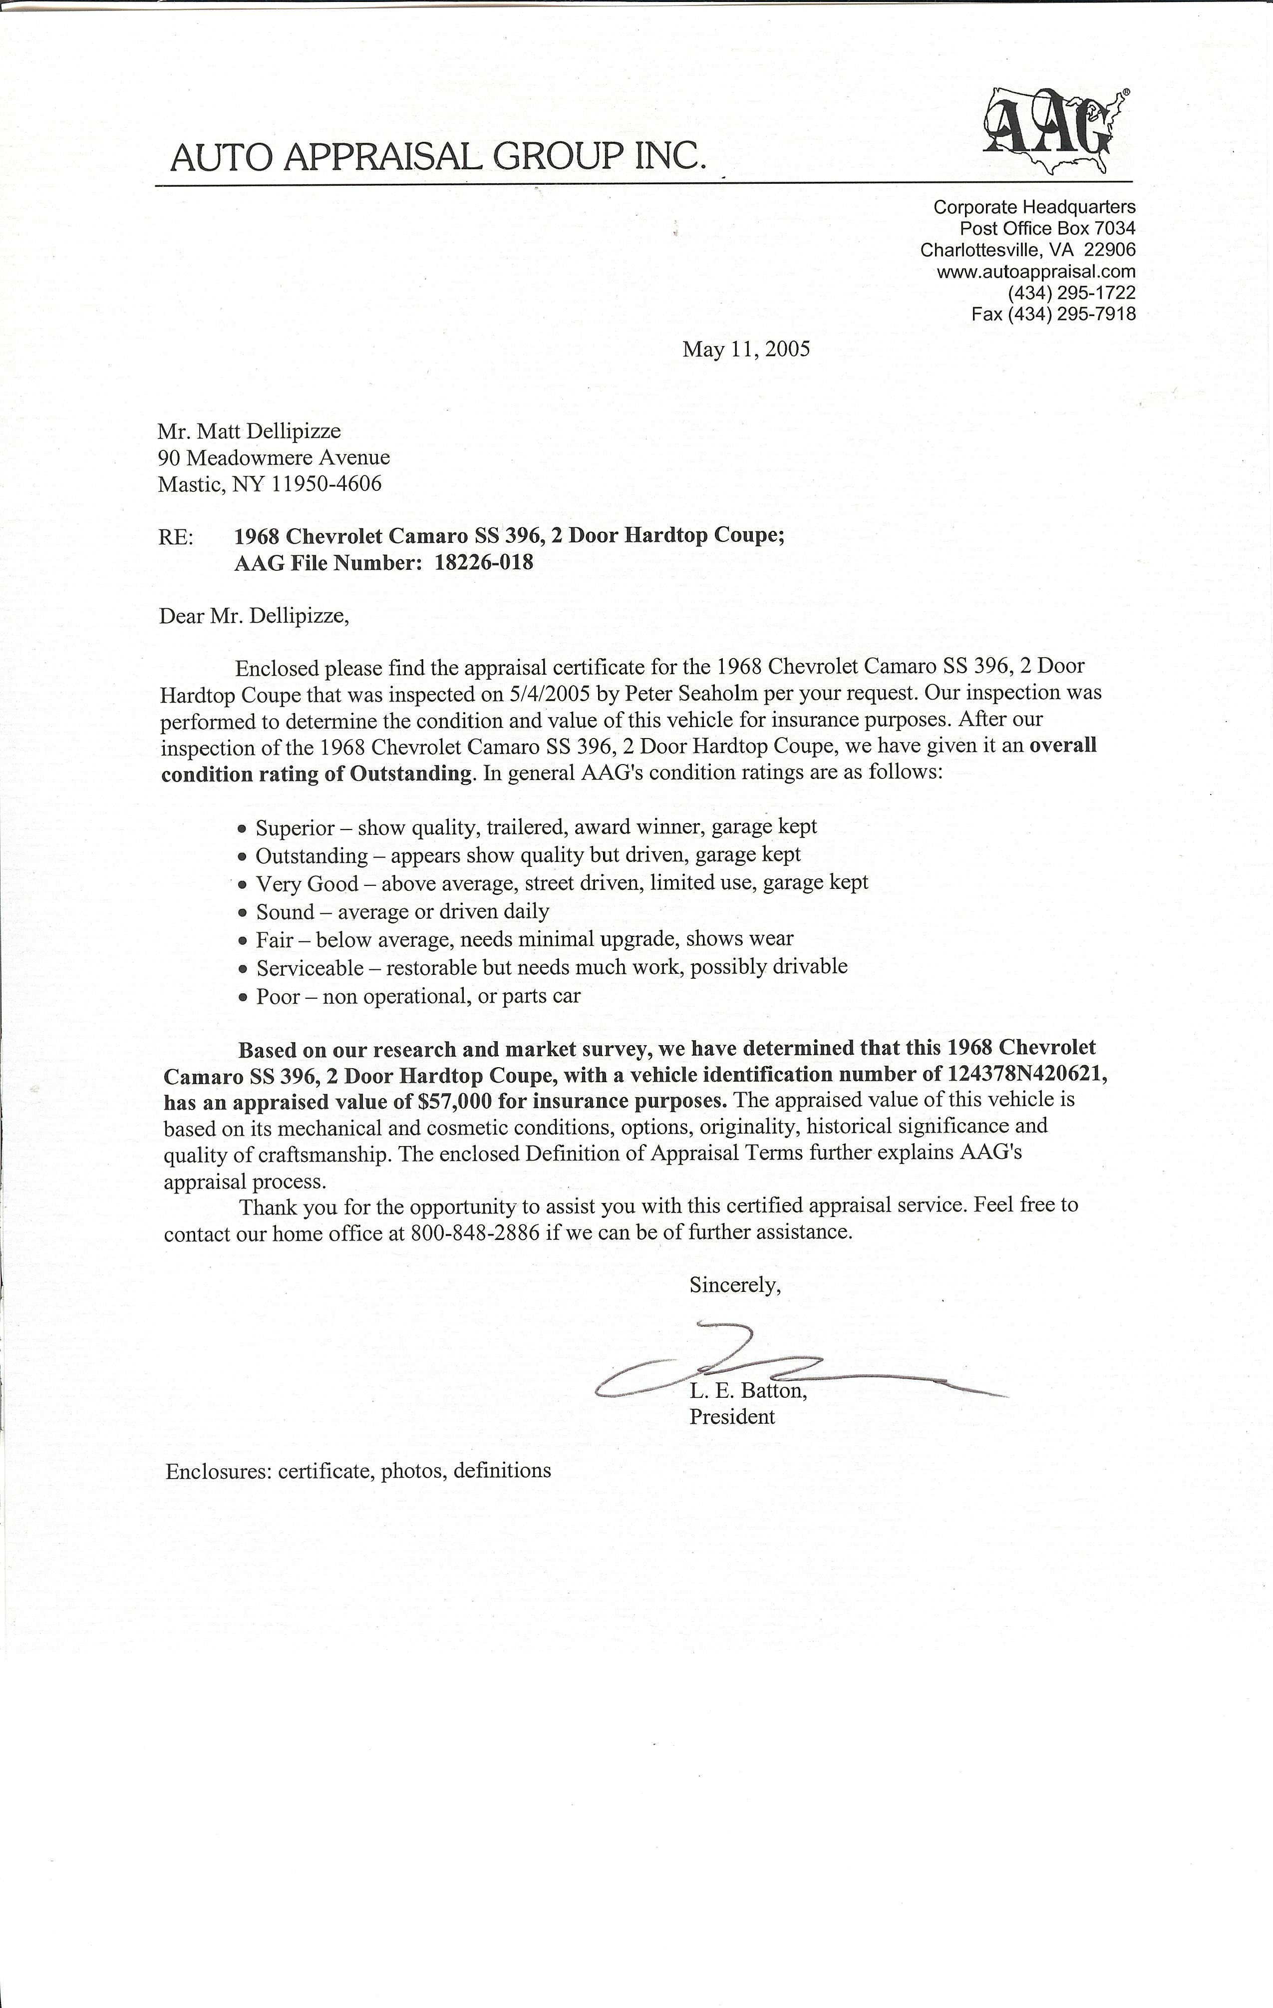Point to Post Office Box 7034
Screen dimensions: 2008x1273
click(x=1047, y=228)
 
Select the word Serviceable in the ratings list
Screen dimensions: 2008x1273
click(x=310, y=967)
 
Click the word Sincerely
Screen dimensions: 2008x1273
click(x=734, y=1285)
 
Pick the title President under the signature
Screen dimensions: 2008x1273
click(x=731, y=1417)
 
